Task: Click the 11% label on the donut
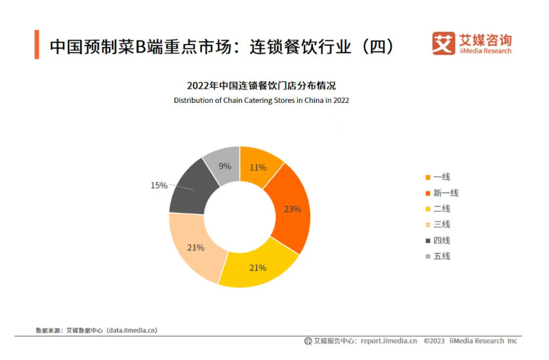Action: (x=258, y=167)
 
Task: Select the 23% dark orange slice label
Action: (x=293, y=209)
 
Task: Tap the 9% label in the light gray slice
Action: (x=225, y=166)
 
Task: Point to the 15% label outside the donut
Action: (x=159, y=185)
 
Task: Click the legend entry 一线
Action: (x=441, y=177)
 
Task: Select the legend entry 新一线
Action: (x=445, y=193)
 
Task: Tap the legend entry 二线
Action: (x=441, y=209)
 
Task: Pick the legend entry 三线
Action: (x=441, y=225)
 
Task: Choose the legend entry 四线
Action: (x=441, y=240)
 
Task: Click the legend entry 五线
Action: (x=441, y=256)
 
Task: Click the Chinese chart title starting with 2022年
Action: (x=261, y=85)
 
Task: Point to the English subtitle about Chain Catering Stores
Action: (x=261, y=101)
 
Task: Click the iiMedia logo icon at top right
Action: (x=444, y=43)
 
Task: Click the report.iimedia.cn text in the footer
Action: (x=388, y=341)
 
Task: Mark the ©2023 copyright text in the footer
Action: (x=433, y=341)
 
